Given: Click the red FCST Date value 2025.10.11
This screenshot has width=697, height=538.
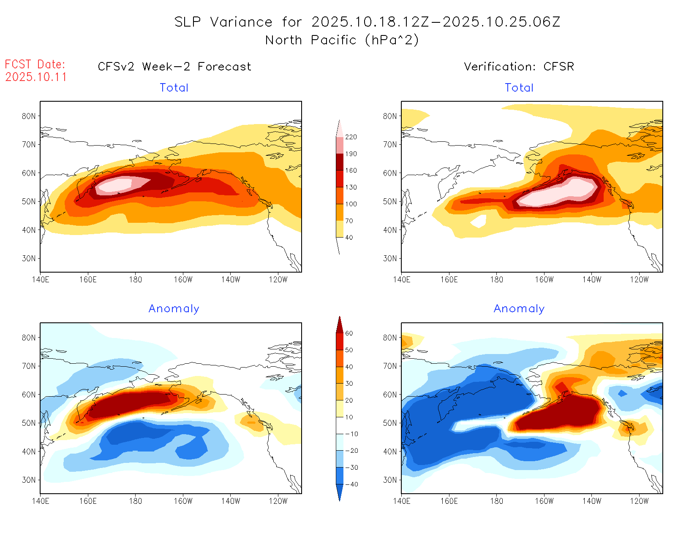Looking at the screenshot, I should (36, 77).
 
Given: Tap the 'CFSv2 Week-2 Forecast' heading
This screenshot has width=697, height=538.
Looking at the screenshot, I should (174, 67).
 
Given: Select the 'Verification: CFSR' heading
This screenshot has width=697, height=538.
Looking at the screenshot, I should (519, 67).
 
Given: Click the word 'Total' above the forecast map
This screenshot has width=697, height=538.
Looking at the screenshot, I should (174, 88).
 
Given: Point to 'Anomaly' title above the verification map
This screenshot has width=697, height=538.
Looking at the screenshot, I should (519, 309).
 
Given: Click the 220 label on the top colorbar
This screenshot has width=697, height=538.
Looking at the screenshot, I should (351, 137).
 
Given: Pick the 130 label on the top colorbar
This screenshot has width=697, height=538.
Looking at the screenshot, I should (351, 187).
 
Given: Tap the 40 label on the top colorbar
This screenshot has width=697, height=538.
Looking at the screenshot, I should (349, 238).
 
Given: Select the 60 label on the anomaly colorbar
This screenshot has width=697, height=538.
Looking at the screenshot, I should (349, 333).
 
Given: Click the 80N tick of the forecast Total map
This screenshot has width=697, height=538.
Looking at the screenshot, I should (29, 116).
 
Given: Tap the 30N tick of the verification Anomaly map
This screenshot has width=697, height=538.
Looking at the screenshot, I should (390, 480).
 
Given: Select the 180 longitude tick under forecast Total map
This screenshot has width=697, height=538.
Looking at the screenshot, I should (135, 279).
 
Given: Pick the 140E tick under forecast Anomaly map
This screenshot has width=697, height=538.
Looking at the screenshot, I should (41, 501).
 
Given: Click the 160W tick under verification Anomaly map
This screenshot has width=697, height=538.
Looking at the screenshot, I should (544, 501).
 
